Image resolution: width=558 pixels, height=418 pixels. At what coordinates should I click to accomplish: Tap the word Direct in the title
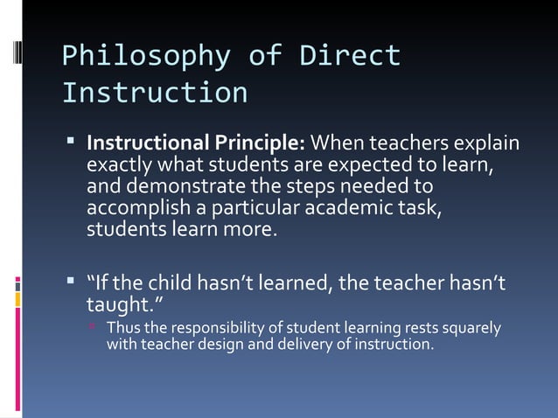pos(350,56)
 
